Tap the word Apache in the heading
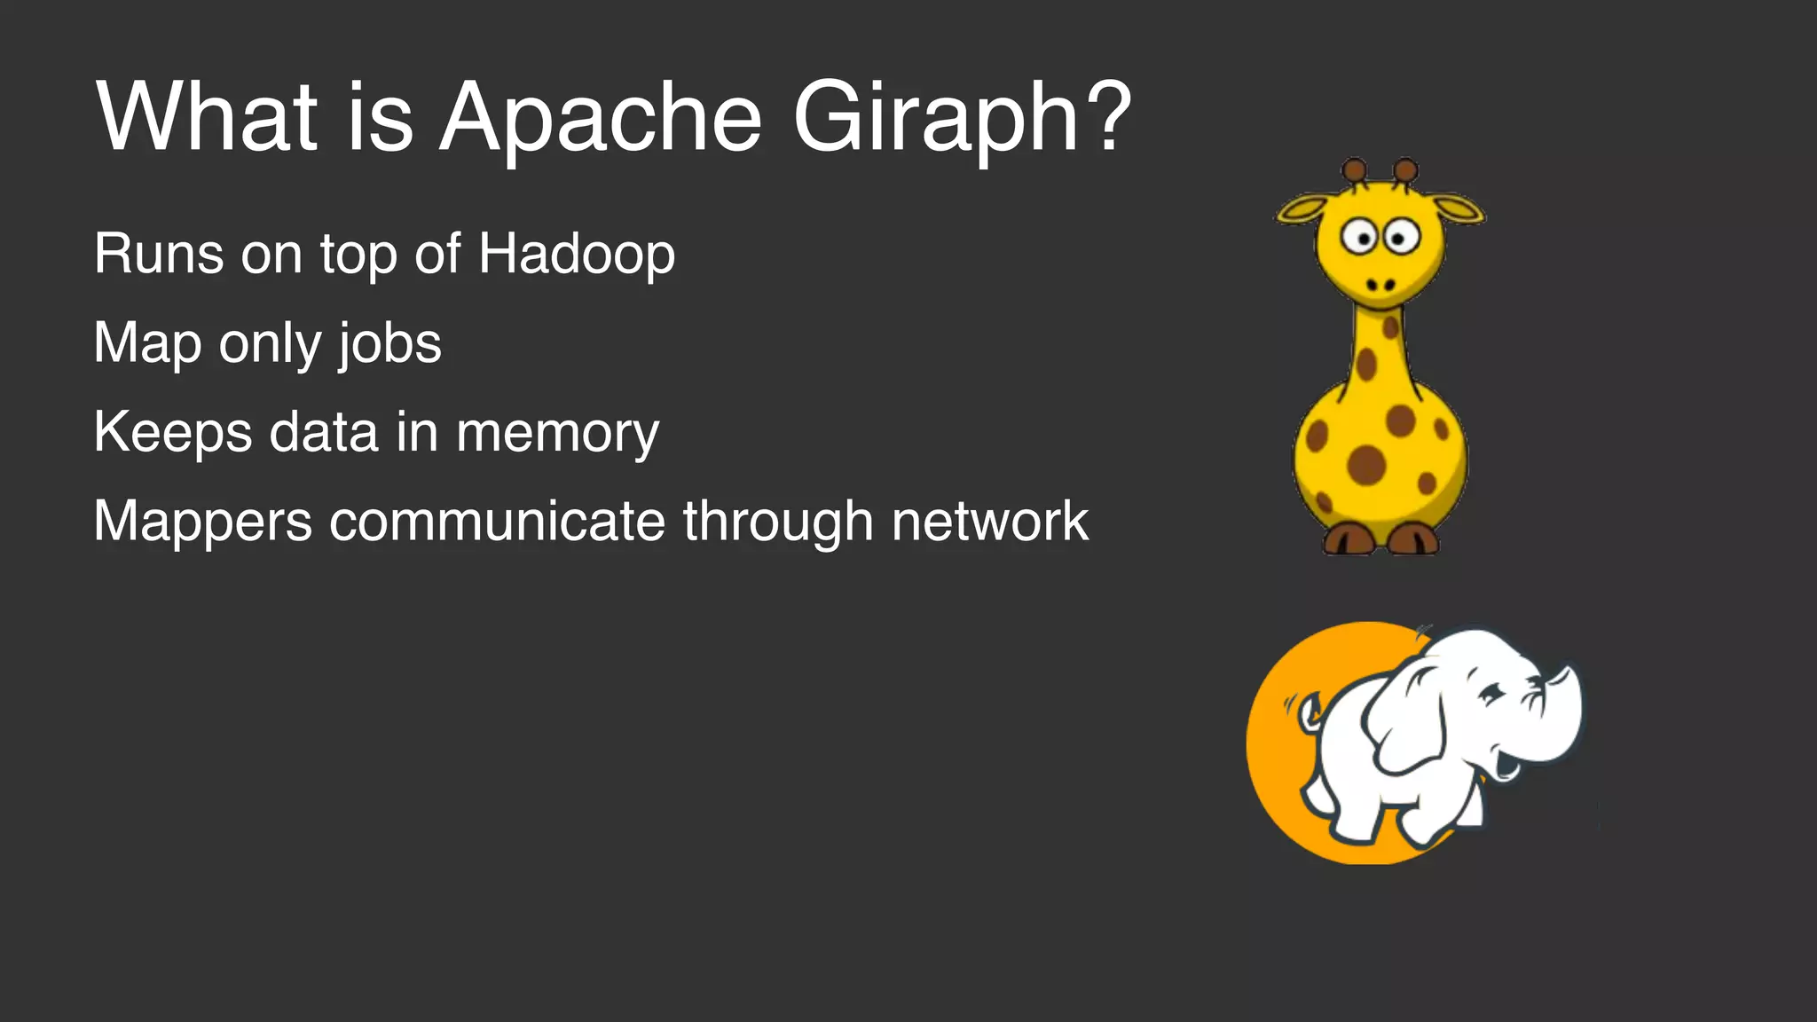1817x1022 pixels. point(601,118)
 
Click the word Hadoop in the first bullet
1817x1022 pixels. point(577,255)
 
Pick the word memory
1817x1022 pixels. point(557,433)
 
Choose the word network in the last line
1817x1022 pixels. point(989,521)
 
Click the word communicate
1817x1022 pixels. point(497,521)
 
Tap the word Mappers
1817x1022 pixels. point(202,522)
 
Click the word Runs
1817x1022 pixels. point(159,255)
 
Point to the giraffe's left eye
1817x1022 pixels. point(1357,237)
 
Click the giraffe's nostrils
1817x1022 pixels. point(1380,285)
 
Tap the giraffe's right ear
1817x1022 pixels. point(1457,209)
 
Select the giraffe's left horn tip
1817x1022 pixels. point(1354,169)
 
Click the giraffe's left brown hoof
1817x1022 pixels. point(1349,539)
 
